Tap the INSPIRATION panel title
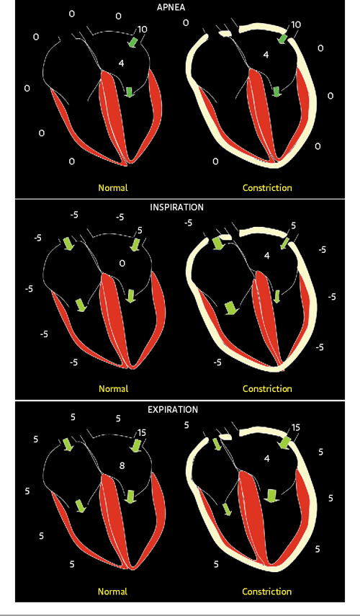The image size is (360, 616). pos(176,207)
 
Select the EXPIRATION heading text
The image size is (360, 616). pos(176,409)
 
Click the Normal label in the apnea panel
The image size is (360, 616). pos(113,187)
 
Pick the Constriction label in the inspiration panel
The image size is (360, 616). pos(267,388)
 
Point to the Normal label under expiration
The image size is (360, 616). pos(113,592)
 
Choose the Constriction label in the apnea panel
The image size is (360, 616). pos(267,187)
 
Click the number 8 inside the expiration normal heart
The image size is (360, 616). pos(122,466)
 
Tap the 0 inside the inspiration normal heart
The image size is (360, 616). pos(122,264)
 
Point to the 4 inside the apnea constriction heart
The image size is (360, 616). pos(266,54)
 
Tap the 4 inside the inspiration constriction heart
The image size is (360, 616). pos(266,256)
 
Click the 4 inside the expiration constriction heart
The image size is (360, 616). pos(266,458)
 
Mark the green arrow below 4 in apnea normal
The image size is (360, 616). pos(130,91)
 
